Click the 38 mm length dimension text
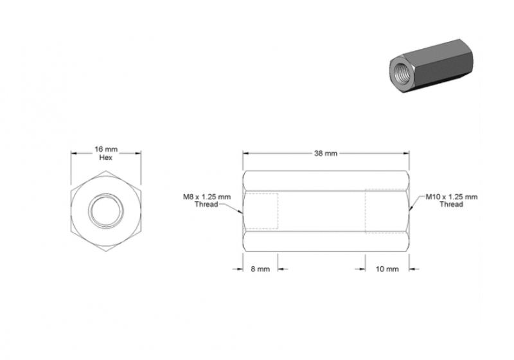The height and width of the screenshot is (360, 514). (x=326, y=153)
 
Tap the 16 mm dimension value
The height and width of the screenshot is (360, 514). (x=106, y=149)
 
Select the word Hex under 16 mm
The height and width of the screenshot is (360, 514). (x=106, y=157)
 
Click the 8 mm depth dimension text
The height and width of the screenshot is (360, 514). (x=260, y=269)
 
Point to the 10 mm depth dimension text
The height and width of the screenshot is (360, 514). (x=387, y=269)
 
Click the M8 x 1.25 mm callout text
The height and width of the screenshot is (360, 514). (x=207, y=197)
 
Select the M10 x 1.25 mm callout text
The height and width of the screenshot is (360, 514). (x=452, y=197)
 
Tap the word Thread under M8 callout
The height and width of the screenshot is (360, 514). (x=206, y=204)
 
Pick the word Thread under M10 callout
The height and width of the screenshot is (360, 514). (x=451, y=204)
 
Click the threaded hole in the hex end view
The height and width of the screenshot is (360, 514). (x=106, y=211)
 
